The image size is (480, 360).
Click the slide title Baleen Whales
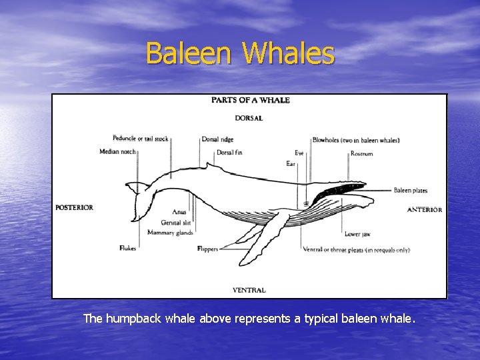(240, 53)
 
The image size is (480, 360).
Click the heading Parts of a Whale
(251, 101)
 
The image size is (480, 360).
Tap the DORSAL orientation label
(249, 118)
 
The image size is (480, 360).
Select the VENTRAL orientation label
(249, 290)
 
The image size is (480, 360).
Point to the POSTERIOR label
(74, 207)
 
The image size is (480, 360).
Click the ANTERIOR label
(425, 209)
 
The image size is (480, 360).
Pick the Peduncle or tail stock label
(140, 139)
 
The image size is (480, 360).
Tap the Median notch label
(117, 151)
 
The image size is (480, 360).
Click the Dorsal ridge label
(218, 139)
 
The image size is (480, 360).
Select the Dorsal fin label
(229, 153)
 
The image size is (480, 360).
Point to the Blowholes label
(356, 140)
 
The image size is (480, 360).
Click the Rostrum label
(361, 154)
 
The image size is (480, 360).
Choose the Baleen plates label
(410, 191)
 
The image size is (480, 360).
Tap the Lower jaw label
(358, 234)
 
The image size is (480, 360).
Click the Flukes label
(128, 248)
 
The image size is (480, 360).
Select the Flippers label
(207, 249)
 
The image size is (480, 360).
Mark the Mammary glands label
(171, 233)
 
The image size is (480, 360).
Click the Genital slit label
(177, 222)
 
